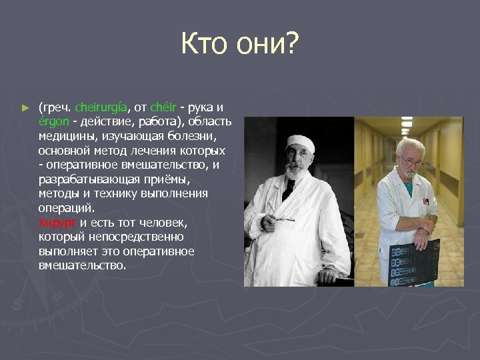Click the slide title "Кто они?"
(x=240, y=45)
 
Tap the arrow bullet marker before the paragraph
(x=25, y=107)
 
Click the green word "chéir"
(x=163, y=107)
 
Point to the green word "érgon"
(x=53, y=121)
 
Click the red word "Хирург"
(x=57, y=222)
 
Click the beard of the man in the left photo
(x=294, y=172)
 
